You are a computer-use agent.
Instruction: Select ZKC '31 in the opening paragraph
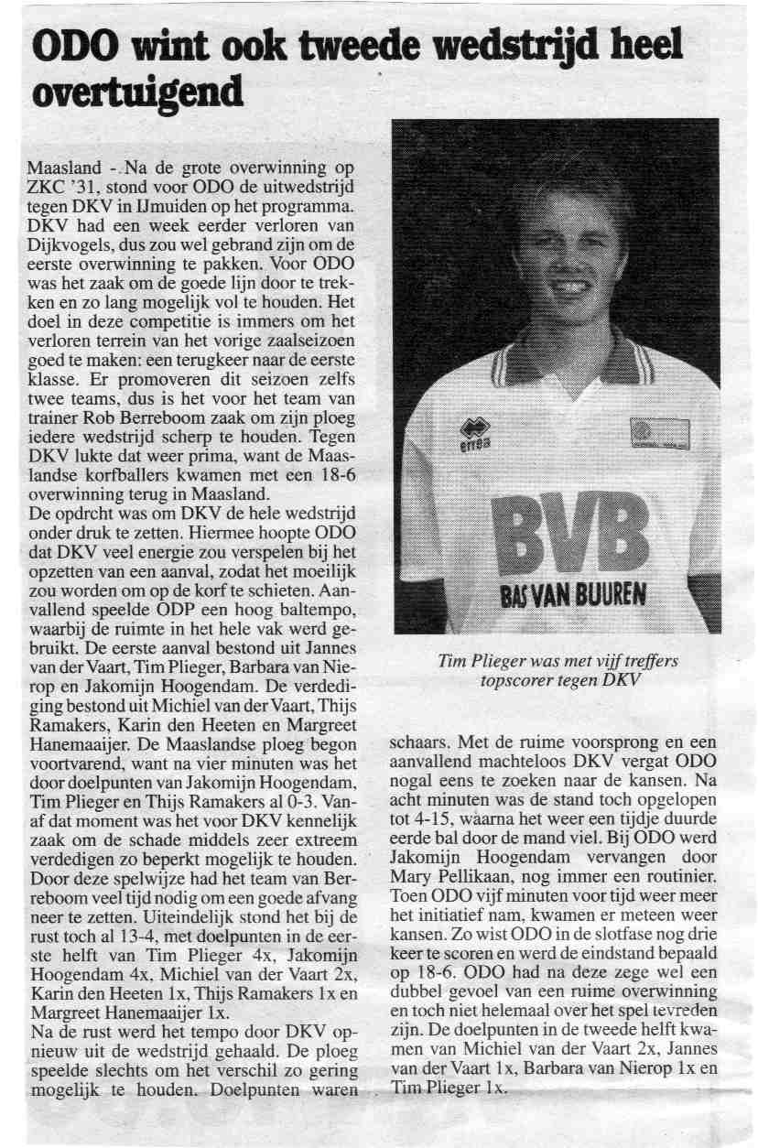coord(60,190)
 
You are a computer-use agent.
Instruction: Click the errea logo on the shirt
coord(472,434)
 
